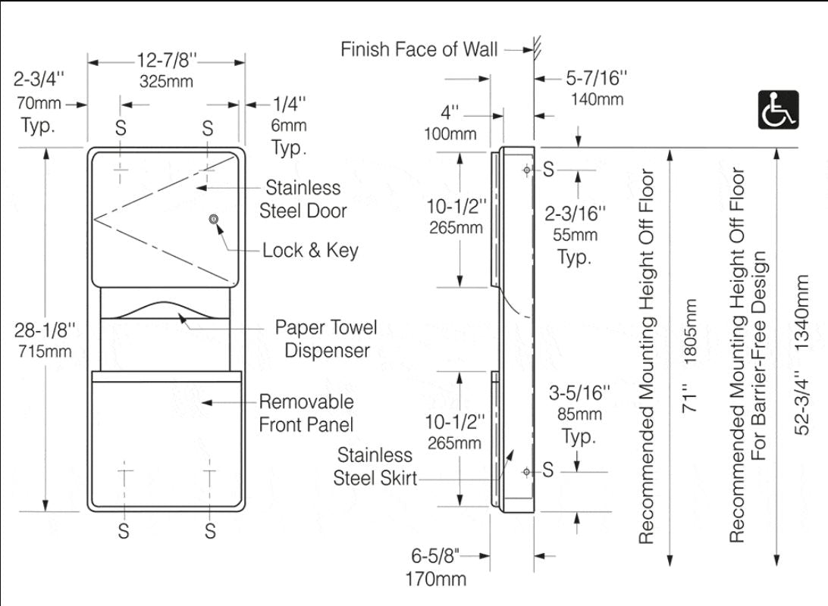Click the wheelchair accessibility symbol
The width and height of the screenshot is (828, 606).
778,109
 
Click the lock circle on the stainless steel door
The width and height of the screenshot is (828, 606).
215,220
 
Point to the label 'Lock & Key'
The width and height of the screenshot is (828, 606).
310,250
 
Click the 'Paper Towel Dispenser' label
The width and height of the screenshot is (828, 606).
326,339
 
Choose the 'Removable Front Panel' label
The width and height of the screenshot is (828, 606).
306,412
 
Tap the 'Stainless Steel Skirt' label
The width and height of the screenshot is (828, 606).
375,467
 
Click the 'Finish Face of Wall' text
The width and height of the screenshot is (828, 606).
419,50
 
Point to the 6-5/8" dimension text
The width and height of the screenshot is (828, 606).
436,555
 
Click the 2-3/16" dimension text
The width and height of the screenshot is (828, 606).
577,214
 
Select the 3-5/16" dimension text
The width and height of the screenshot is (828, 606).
580,392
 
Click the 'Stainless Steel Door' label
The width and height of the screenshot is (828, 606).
303,199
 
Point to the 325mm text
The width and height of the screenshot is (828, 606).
166,81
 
